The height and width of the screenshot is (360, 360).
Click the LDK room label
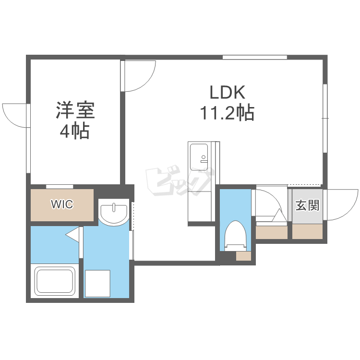coord(228,92)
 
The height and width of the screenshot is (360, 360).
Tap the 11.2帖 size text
coord(227,113)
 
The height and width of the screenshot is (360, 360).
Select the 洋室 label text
coord(75,110)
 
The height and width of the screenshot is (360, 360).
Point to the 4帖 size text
coord(74,131)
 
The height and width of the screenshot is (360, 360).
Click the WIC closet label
coord(62,204)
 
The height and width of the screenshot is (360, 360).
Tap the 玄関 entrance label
coord(307,205)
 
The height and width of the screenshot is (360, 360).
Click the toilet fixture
coord(235,236)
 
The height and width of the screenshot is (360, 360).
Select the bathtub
coord(55,281)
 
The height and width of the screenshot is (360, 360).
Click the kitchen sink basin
coord(199,157)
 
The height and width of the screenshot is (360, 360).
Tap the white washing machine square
coord(97,284)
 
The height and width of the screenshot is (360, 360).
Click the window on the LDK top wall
coord(255,57)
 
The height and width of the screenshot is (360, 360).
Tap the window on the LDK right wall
coord(325,118)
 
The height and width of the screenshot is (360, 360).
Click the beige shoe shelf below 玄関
coord(307,231)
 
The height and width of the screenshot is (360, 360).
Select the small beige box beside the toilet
coord(243,256)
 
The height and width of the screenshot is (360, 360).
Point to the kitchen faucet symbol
coord(204,159)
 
